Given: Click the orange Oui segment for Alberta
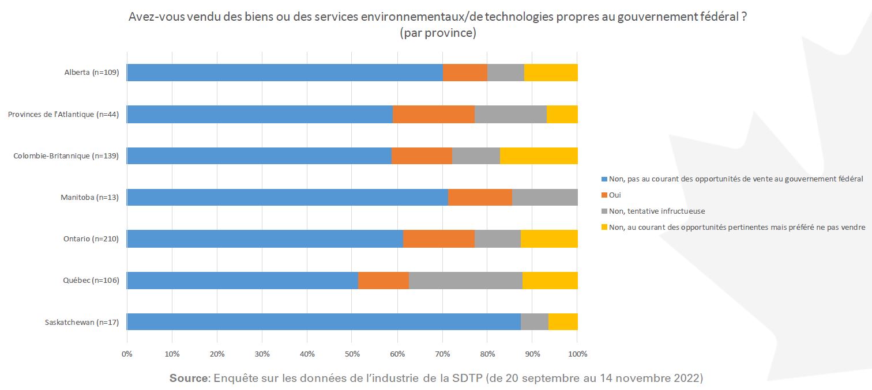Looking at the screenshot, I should pos(465,73).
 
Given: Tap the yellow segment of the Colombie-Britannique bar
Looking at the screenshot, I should pos(539,156).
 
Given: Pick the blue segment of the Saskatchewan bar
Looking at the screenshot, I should pos(324,321).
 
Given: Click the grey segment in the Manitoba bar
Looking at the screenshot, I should pos(544,197).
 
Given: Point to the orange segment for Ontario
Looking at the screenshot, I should pos(438,238).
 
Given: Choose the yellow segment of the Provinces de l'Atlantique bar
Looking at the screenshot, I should pos(562,114).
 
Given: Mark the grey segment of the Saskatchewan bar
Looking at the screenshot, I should pos(534,321).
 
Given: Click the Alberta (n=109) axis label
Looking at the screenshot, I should pos(92,73).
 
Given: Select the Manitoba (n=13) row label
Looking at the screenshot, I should pos(89,198).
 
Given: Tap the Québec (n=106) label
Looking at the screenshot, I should pos(91,281).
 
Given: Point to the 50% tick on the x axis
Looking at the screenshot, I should pos(352,353).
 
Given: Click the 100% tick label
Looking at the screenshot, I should pos(577,353).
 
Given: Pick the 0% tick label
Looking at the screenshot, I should pos(127,353).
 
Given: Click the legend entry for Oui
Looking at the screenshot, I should pos(615,195).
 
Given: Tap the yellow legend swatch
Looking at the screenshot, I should pos(604,227).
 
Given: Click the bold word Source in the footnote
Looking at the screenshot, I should pos(189,378).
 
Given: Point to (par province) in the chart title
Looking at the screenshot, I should pos(438,33).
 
